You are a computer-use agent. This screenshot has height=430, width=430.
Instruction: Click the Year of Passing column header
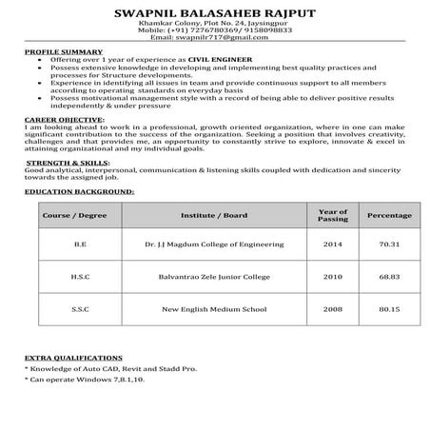(332, 216)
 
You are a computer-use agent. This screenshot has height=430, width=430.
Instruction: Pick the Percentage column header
(388, 216)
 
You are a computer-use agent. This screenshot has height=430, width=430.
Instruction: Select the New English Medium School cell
(214, 309)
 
